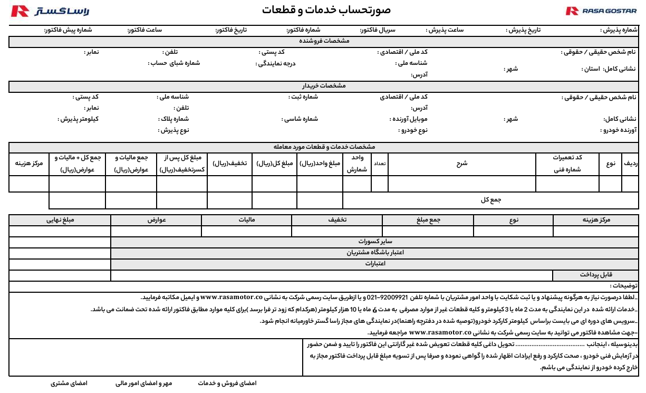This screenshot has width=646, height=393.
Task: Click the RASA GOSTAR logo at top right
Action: (601, 11)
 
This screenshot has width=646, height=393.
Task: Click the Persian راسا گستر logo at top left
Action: (50, 11)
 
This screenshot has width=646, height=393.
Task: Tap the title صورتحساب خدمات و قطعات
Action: (326, 10)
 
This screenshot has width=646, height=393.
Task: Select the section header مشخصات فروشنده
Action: (324, 41)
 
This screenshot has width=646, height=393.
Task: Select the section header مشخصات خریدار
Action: (324, 85)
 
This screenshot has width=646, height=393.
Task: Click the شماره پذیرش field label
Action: (619, 31)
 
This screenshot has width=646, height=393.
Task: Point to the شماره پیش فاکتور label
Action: (68, 30)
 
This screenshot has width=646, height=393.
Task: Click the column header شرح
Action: (462, 164)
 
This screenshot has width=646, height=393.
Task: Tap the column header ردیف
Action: (631, 164)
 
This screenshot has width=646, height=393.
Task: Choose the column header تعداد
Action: (380, 164)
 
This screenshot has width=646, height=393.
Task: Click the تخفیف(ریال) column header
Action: (229, 164)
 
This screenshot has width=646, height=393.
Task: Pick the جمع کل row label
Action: (491, 200)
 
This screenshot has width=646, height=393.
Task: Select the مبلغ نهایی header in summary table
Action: (60, 219)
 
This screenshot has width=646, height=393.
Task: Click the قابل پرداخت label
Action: (595, 275)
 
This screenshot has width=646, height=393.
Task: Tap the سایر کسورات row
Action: (374, 241)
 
